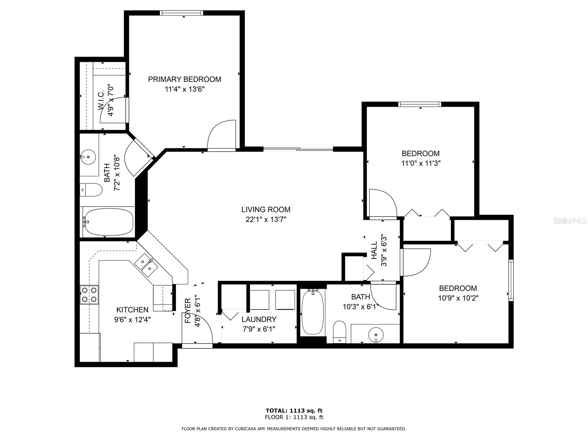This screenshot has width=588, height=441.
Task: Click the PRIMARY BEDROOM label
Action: [184, 79]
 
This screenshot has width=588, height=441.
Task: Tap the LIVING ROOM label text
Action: [266, 209]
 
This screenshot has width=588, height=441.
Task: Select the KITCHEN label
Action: [132, 310]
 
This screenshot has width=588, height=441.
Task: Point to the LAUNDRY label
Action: [259, 319]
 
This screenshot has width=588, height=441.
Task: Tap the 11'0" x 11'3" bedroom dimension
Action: [421, 163]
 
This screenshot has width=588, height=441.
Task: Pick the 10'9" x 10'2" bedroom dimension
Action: [458, 298]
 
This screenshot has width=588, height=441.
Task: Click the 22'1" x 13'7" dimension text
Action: [266, 219]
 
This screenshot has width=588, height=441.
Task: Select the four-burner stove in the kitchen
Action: [89, 294]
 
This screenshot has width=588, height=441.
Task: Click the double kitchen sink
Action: [146, 266]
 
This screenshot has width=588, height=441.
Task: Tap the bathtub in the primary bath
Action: [108, 222]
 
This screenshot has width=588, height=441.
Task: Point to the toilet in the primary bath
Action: [91, 190]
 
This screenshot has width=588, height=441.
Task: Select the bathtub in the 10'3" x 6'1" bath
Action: [312, 312]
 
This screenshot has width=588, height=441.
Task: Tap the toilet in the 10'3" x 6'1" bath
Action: [340, 332]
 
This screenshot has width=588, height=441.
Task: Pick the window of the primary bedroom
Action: [182, 13]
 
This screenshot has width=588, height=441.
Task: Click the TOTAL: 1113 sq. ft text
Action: [294, 410]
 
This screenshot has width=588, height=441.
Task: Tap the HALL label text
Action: [374, 250]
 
